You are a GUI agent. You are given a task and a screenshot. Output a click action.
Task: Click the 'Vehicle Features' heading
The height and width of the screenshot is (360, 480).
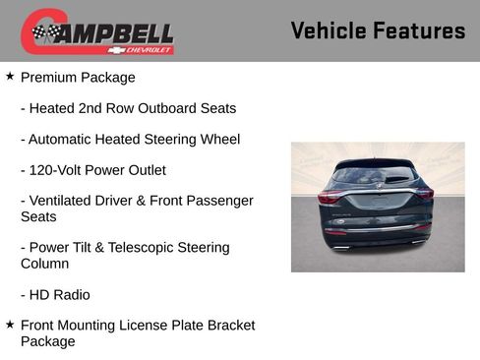(378, 30)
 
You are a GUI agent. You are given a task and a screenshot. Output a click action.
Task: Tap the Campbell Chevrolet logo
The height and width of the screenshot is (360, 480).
(97, 31)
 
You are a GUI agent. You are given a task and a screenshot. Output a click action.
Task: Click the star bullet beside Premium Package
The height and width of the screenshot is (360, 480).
(10, 76)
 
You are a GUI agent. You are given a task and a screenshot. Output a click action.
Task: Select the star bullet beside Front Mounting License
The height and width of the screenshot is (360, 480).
(10, 324)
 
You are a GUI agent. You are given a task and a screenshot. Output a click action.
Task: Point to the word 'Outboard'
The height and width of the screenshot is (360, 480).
(167, 108)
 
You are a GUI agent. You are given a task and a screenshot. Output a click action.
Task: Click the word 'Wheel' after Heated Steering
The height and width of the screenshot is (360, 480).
(219, 140)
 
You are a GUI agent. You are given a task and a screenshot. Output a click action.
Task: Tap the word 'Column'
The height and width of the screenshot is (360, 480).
(44, 264)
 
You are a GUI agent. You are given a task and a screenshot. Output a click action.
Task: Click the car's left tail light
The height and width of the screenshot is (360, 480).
(330, 197)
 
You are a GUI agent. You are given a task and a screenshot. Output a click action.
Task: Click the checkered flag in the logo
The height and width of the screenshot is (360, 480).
(42, 33)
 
